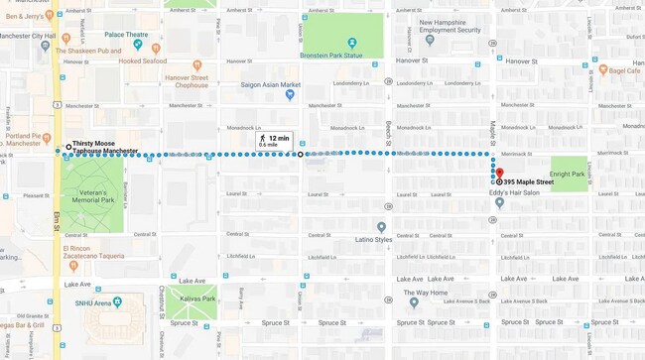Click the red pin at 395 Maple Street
pos(500,175)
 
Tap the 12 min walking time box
pos(274,141)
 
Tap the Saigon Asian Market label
pos(270,84)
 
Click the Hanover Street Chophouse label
pos(186,81)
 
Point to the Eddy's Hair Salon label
pos(516,192)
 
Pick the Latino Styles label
pos(374,239)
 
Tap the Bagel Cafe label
pos(624,70)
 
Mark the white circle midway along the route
pos(301,154)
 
